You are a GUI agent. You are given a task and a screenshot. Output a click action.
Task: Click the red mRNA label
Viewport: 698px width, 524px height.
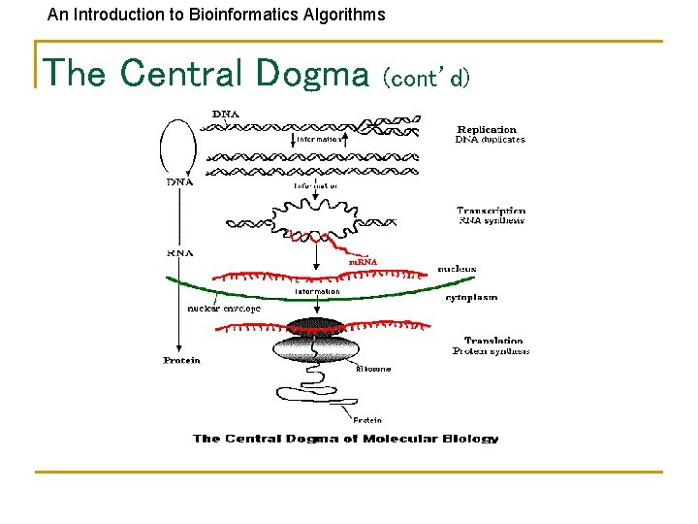click(363, 261)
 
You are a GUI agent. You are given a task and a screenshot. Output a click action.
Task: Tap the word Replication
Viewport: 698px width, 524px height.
click(487, 129)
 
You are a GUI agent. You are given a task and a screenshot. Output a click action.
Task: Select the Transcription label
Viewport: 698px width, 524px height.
click(492, 210)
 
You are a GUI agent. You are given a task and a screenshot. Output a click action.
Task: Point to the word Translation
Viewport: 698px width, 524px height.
click(493, 341)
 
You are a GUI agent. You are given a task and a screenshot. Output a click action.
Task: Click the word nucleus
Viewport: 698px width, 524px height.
click(457, 269)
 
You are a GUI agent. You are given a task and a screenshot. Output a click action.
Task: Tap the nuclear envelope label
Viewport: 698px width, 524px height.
click(224, 309)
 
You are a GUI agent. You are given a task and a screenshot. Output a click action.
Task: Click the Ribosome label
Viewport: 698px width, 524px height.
click(373, 369)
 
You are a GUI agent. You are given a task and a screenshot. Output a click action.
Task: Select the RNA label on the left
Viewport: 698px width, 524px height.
click(180, 252)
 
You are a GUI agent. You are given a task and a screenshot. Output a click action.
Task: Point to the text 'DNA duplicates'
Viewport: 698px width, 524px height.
click(491, 140)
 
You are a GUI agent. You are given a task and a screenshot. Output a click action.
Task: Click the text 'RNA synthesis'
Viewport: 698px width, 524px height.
click(492, 220)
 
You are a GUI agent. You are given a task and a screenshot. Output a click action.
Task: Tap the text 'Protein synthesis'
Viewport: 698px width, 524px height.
click(492, 351)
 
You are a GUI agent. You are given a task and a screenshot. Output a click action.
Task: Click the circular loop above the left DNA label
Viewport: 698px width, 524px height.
click(178, 146)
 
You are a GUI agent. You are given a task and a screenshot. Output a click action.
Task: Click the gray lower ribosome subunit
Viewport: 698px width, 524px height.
click(315, 348)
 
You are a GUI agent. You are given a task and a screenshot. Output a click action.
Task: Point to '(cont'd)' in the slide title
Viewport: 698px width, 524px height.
click(427, 77)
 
